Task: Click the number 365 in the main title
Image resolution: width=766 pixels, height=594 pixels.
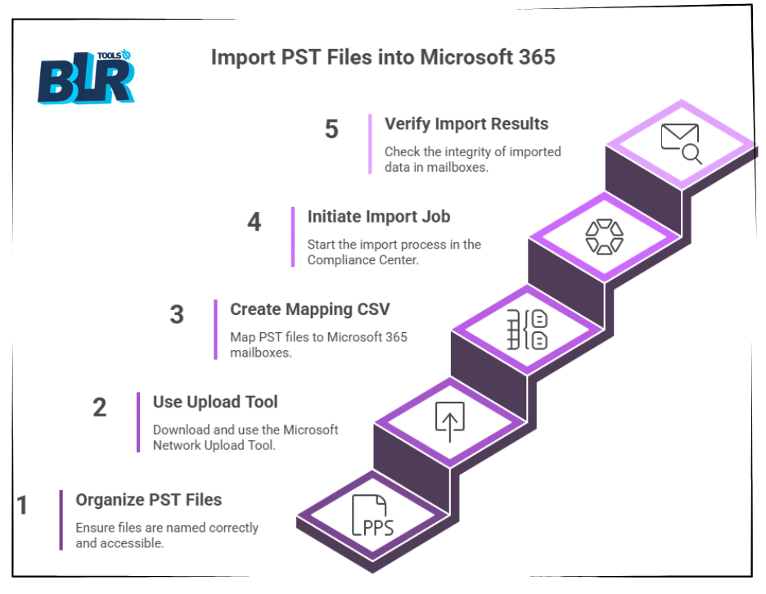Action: point(537,57)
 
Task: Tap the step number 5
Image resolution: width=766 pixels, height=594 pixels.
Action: point(331,129)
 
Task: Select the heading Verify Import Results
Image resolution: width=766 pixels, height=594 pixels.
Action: point(466,124)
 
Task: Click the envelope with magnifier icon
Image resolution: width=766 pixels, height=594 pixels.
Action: point(682,144)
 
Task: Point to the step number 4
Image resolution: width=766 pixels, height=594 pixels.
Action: point(254,222)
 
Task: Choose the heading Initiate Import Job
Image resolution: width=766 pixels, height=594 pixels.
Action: point(379,216)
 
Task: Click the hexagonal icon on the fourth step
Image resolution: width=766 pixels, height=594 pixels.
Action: point(604,237)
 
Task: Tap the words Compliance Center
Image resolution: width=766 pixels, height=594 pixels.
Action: point(363,260)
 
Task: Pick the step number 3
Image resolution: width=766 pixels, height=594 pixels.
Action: point(177,314)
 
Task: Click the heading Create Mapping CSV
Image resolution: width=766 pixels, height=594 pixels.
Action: point(309,309)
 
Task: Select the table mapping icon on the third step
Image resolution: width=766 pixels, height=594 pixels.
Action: point(527,330)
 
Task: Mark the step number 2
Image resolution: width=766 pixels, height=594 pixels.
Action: point(100,407)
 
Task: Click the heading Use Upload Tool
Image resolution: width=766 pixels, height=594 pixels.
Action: point(215,402)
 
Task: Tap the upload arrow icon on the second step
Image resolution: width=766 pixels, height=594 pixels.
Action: point(450,421)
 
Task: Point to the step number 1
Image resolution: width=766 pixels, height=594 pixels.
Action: point(22,505)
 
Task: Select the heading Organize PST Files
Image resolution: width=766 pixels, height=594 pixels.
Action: point(148,500)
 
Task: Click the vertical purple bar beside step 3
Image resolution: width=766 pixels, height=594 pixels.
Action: point(215,330)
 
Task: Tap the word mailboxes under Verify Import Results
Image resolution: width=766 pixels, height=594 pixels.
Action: point(457,167)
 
